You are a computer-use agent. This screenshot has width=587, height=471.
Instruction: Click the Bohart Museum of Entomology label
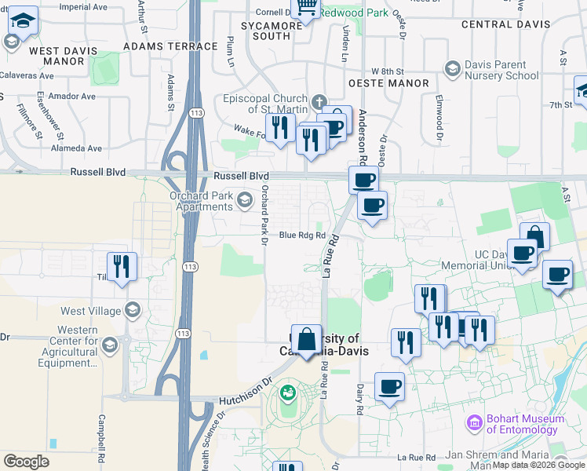coord(522,424)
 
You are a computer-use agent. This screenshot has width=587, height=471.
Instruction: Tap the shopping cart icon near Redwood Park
coord(305,9)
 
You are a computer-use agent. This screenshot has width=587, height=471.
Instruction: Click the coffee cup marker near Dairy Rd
coord(390,387)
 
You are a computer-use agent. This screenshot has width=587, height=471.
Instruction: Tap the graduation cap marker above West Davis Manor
coord(24,22)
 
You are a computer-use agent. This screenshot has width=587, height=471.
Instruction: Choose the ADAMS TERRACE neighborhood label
coord(170,46)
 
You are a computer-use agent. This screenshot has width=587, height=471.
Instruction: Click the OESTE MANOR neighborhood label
coord(388,83)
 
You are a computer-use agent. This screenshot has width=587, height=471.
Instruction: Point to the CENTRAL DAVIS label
coord(506,24)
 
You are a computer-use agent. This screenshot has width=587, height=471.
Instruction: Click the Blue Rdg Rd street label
coord(302,235)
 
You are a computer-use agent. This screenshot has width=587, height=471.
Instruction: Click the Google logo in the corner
coord(26,462)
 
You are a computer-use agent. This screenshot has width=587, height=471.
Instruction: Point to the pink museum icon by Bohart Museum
coord(473,424)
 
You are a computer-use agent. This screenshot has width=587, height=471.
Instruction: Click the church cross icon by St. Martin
coord(319,101)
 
